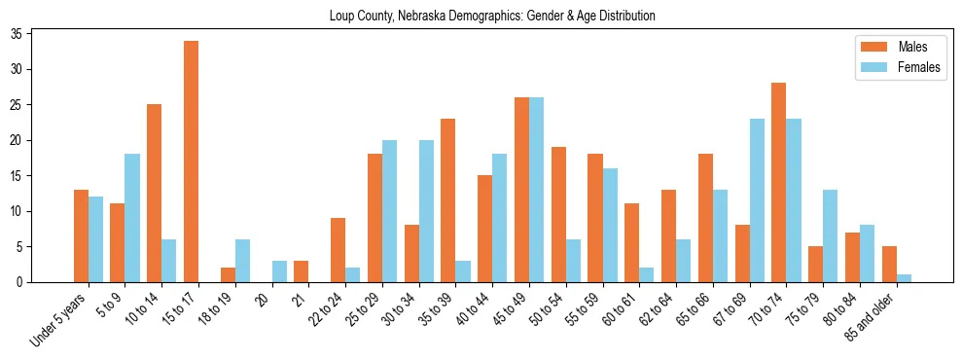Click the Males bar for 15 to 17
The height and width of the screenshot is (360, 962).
click(191, 162)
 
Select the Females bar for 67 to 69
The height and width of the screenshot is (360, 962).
click(758, 200)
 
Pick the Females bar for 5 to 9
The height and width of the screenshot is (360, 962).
click(132, 218)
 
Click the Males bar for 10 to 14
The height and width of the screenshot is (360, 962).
click(154, 194)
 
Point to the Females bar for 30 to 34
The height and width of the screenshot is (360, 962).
click(426, 211)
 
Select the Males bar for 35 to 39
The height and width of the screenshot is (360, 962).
click(448, 200)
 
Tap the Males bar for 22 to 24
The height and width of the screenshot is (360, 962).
click(338, 250)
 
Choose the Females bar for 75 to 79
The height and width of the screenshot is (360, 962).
click(832, 235)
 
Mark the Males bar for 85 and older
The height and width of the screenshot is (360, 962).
click(890, 265)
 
